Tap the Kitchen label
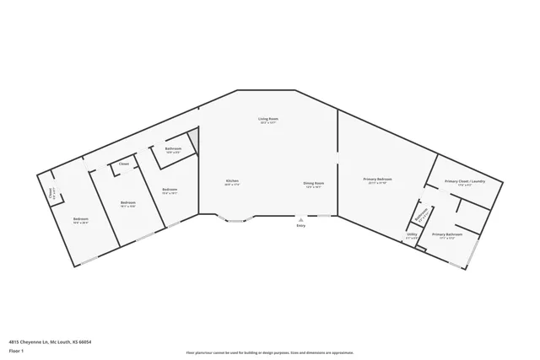(232, 181)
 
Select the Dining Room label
(314, 183)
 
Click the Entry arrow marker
(300, 219)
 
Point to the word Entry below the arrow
(300, 226)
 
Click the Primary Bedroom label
(377, 180)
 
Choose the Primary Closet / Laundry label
(464, 182)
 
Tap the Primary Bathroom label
(447, 234)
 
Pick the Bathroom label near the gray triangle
(173, 149)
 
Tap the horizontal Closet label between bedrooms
(124, 164)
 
